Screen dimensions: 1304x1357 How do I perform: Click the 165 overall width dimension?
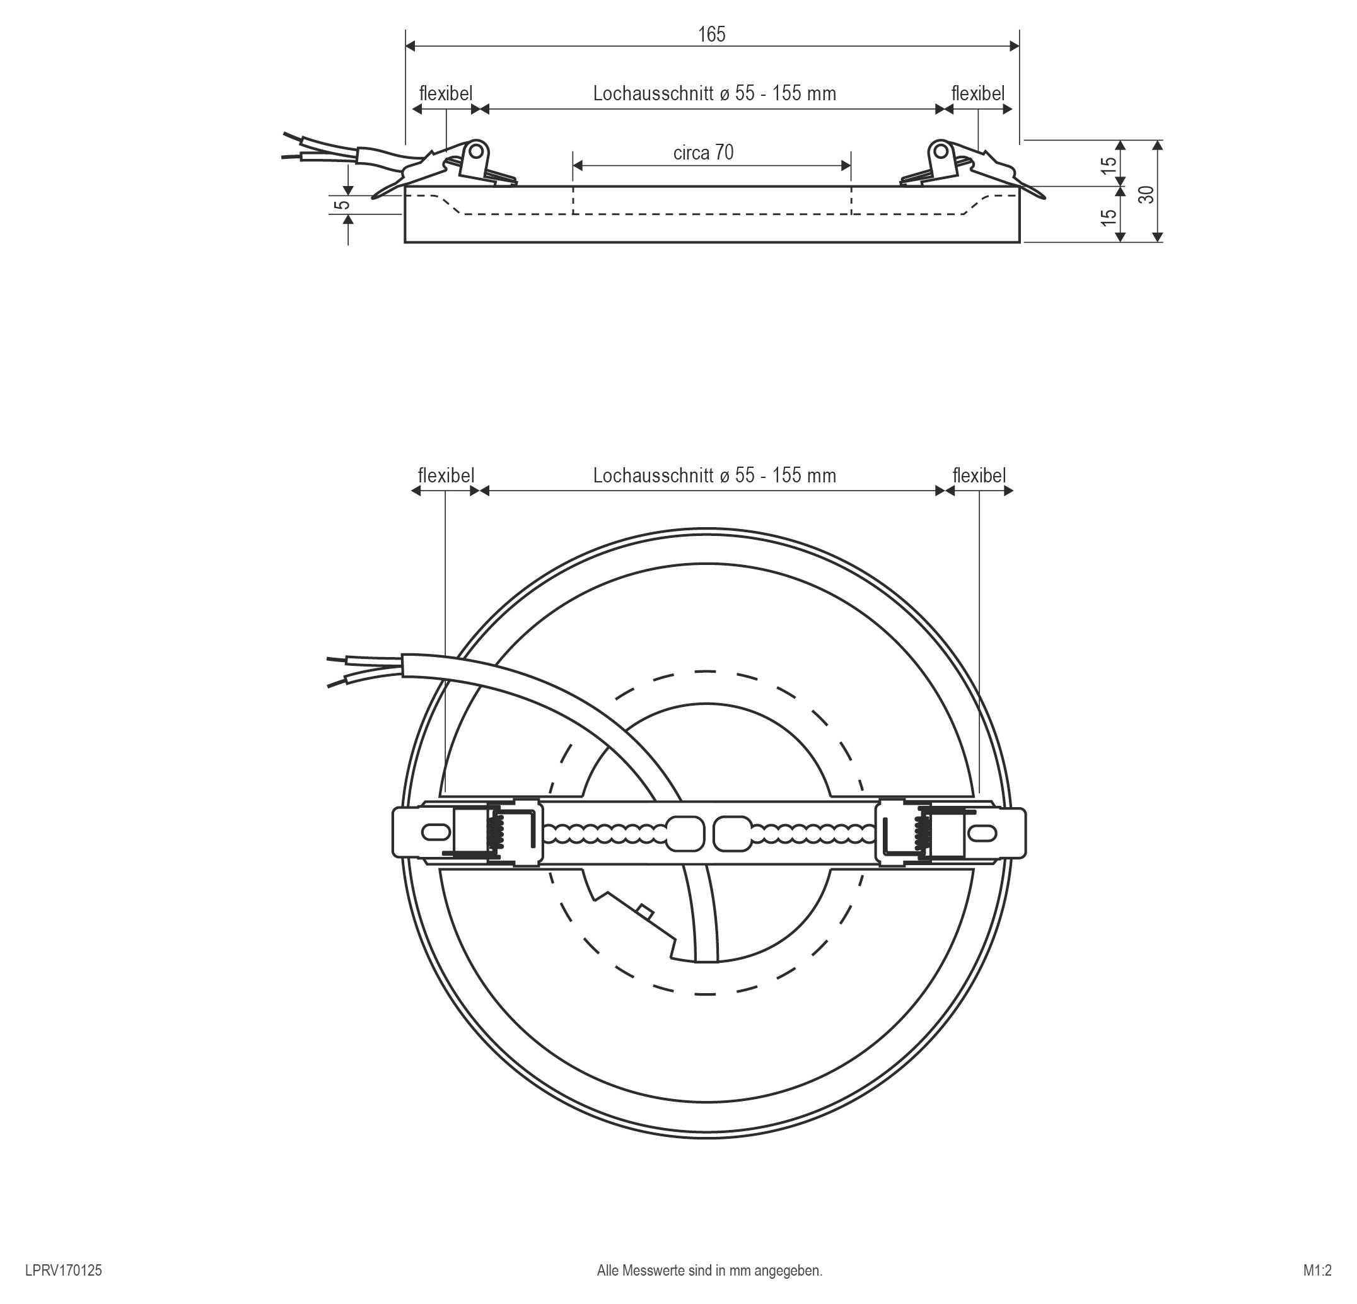(x=711, y=34)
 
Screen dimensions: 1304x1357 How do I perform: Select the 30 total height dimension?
(x=1147, y=194)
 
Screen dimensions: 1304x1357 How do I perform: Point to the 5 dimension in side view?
(x=341, y=205)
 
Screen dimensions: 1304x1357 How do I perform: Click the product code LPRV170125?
(x=63, y=1270)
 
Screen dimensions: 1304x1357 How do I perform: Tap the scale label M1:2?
(x=1317, y=1270)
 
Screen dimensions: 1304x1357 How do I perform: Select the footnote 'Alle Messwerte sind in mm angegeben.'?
(x=709, y=1270)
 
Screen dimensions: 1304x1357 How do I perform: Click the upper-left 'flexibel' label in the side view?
(x=445, y=93)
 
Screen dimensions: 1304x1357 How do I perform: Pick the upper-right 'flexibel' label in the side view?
(x=977, y=93)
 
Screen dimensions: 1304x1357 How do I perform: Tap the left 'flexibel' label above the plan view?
(x=446, y=475)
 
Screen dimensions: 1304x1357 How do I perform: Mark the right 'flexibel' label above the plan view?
(x=979, y=475)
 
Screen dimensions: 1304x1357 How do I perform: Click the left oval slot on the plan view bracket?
(x=434, y=831)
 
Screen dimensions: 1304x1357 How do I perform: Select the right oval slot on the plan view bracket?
(x=984, y=831)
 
